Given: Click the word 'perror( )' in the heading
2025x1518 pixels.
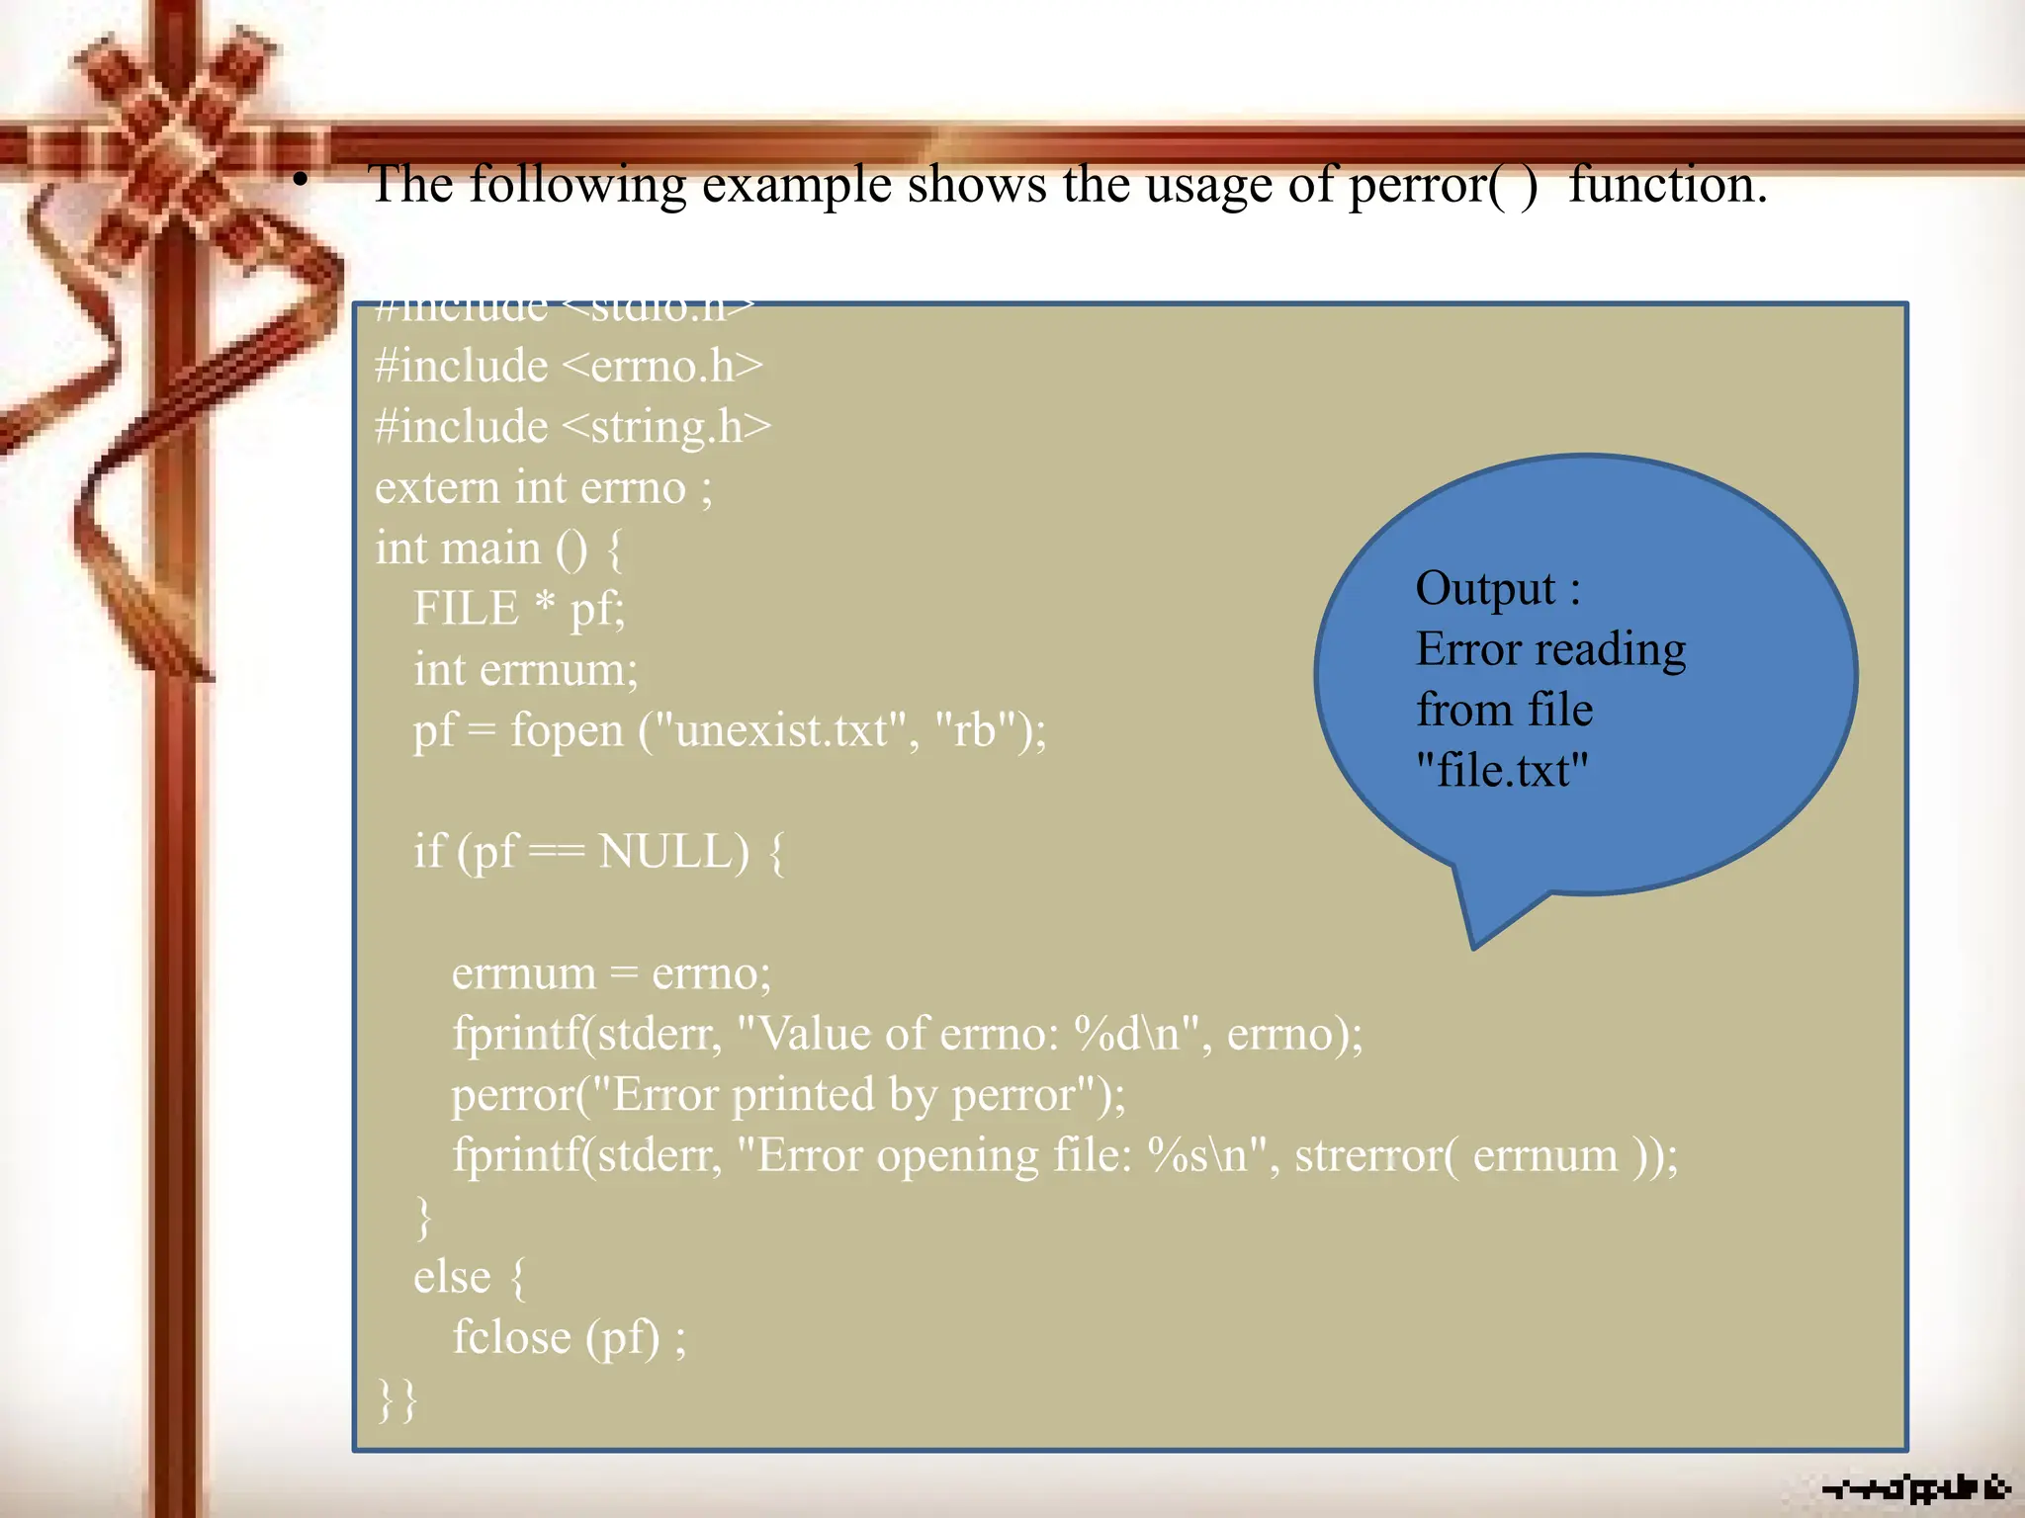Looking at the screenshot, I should (1443, 185).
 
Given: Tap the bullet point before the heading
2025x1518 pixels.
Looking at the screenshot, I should (301, 181).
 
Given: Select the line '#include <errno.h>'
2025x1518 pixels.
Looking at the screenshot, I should (569, 367).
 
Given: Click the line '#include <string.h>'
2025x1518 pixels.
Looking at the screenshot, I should (572, 427).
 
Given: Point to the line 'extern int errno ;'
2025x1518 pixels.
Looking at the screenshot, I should (543, 488).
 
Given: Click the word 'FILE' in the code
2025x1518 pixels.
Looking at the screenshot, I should (466, 608).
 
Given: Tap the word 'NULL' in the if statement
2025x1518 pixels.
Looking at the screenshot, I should (673, 851).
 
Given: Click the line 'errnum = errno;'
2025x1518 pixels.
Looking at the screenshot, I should (611, 973).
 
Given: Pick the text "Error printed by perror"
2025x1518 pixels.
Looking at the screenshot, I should (845, 1095).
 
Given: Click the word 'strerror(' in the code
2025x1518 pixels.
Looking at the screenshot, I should (1375, 1155).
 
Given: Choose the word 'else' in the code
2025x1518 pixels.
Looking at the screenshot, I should (452, 1277).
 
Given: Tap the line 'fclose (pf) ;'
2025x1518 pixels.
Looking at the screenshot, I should (569, 1338).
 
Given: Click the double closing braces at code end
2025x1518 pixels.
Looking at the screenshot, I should (397, 1399).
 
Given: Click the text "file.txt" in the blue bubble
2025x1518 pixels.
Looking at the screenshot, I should (1502, 770).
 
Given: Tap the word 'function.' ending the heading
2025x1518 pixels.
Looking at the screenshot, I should (1668, 185).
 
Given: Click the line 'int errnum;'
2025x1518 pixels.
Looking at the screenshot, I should (526, 670).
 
